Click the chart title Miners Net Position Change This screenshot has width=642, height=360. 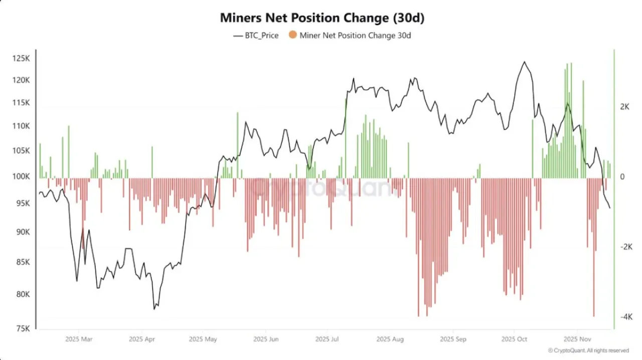click(x=322, y=18)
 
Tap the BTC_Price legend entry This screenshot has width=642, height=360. click(x=256, y=36)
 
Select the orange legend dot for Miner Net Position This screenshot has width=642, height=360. click(x=292, y=35)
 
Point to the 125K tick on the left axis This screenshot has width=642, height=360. click(x=21, y=59)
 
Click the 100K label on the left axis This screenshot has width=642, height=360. click(x=21, y=176)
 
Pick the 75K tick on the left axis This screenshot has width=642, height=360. click(x=23, y=328)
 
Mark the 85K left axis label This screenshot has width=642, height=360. click(x=23, y=262)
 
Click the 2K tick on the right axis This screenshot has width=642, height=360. click(x=625, y=107)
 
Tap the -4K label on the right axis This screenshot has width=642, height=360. click(x=626, y=317)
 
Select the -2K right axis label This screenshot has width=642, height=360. click(x=626, y=247)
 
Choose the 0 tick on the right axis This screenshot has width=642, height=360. click(x=622, y=177)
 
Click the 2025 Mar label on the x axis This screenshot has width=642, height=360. click(x=79, y=339)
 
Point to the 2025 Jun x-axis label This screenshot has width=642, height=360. click(x=266, y=339)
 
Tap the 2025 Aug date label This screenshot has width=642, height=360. click(x=390, y=339)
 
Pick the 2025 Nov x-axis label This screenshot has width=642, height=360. click(x=577, y=339)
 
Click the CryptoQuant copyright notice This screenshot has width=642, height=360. click(x=588, y=350)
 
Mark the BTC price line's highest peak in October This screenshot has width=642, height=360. click(x=525, y=62)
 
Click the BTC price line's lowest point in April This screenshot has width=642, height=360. click(x=154, y=309)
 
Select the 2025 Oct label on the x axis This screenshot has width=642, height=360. click(x=514, y=339)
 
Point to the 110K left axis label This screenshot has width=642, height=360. click(x=21, y=126)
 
